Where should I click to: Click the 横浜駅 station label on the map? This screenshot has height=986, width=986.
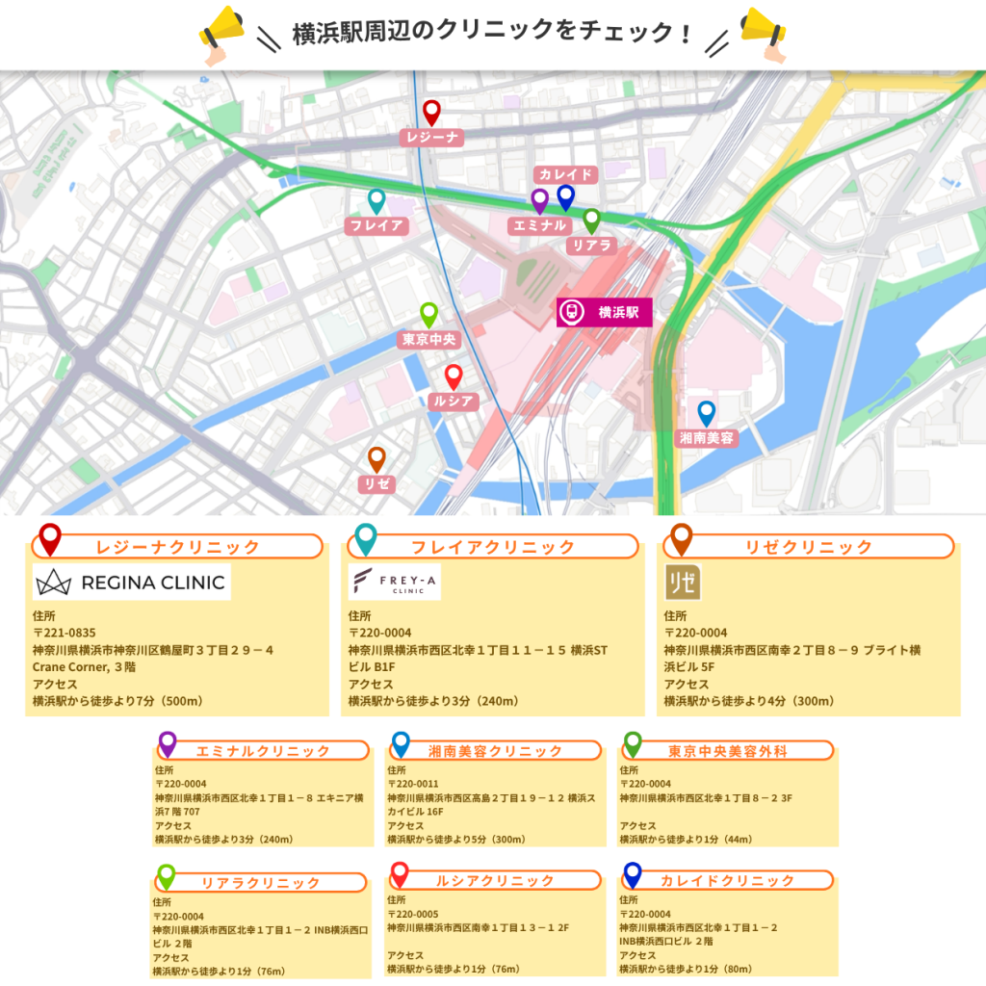coord(605,311)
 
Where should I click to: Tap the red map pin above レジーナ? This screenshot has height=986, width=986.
coord(431,112)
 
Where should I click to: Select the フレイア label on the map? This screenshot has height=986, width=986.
coord(376,226)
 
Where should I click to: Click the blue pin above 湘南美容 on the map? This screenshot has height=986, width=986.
coord(707,412)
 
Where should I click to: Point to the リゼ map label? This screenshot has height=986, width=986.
coord(376,484)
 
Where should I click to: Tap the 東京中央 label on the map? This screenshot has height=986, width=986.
coord(428,340)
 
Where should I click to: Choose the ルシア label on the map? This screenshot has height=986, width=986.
coord(454,402)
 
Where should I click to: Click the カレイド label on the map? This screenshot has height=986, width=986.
coord(566,174)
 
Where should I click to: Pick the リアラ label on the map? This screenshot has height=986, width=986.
coord(592,246)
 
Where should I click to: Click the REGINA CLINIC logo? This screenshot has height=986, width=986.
coord(132,583)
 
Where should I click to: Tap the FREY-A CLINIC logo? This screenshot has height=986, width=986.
coord(395,583)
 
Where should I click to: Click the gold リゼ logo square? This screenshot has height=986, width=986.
coord(683,583)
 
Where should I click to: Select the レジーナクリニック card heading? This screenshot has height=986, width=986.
coord(177,547)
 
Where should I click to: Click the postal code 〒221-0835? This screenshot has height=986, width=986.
coord(65,633)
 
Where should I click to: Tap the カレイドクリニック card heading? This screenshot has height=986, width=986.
coord(727,881)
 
